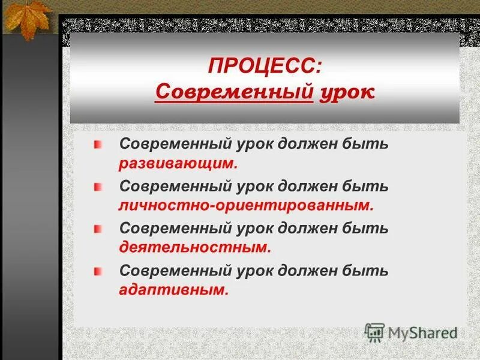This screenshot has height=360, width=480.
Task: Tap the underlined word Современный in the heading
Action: (x=234, y=92)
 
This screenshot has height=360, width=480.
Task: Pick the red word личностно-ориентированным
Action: (x=246, y=205)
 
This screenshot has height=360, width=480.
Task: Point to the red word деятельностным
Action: (x=195, y=247)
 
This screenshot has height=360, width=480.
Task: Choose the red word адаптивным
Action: (x=174, y=289)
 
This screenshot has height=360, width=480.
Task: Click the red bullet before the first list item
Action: (x=98, y=145)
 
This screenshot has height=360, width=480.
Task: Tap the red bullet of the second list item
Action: (x=98, y=187)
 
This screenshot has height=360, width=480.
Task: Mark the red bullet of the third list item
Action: (x=98, y=229)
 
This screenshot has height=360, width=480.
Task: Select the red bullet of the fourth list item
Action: (x=98, y=271)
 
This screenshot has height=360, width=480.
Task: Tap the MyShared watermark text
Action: (x=422, y=332)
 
